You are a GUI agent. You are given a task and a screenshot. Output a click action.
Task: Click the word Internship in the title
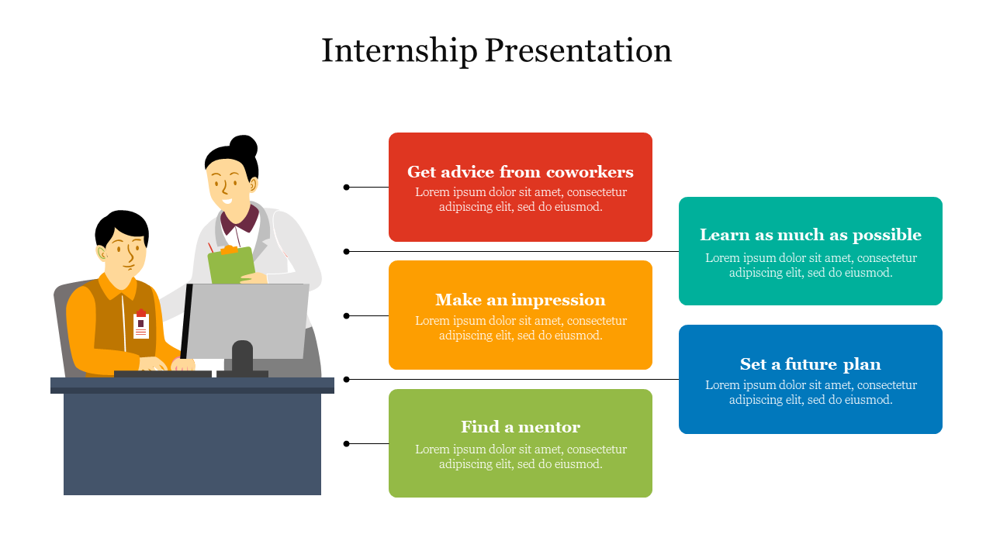pyautogui.click(x=400, y=51)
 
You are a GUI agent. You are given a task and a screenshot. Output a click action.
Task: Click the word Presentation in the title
pyautogui.click(x=579, y=50)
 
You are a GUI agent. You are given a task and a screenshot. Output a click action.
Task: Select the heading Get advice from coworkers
pyautogui.click(x=520, y=172)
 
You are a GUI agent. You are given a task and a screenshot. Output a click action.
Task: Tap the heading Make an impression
pyautogui.click(x=520, y=300)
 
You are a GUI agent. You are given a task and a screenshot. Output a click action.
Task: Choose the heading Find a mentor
pyautogui.click(x=520, y=427)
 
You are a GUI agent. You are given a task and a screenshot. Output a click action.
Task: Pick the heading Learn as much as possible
pyautogui.click(x=811, y=235)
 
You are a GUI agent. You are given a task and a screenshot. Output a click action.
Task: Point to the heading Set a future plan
pyautogui.click(x=811, y=364)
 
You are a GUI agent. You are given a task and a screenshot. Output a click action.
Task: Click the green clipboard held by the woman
pyautogui.click(x=231, y=265)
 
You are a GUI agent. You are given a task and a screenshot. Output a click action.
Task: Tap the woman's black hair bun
pyautogui.click(x=244, y=146)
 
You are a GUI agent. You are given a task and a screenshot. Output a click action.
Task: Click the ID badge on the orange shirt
pyautogui.click(x=141, y=324)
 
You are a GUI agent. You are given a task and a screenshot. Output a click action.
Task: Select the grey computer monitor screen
pyautogui.click(x=247, y=321)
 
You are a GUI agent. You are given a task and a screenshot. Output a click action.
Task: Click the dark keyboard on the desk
pyautogui.click(x=163, y=374)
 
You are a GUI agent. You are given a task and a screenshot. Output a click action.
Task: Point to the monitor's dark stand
pyautogui.click(x=243, y=359)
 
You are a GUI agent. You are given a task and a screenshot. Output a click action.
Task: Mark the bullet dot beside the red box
pyautogui.click(x=346, y=188)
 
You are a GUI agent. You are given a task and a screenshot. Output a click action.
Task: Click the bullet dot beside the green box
pyautogui.click(x=346, y=444)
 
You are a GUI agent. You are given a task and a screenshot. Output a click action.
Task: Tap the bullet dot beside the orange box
pyautogui.click(x=346, y=315)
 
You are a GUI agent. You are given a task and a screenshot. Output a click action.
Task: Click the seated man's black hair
pyautogui.click(x=121, y=225)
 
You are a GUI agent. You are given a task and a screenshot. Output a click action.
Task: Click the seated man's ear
pyautogui.click(x=102, y=253)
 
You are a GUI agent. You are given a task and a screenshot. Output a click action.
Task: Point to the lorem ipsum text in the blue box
pyautogui.click(x=811, y=392)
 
